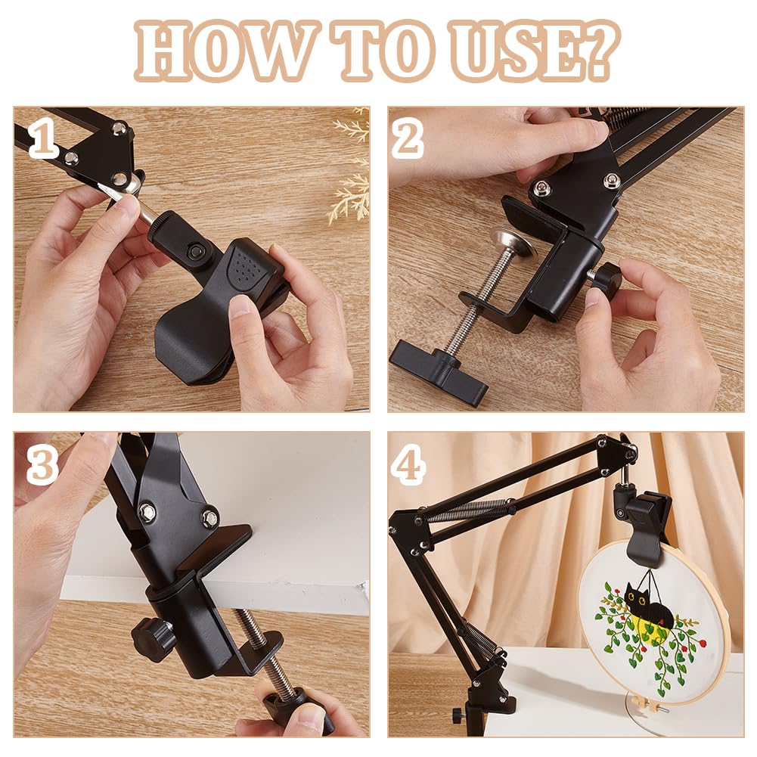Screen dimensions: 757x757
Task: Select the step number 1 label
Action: (x=43, y=139)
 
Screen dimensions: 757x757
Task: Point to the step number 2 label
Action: (x=408, y=139)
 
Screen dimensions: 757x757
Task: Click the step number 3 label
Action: (x=42, y=466)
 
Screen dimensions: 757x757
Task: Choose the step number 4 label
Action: (x=408, y=466)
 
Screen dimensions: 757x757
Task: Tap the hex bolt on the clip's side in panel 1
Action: (x=196, y=251)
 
